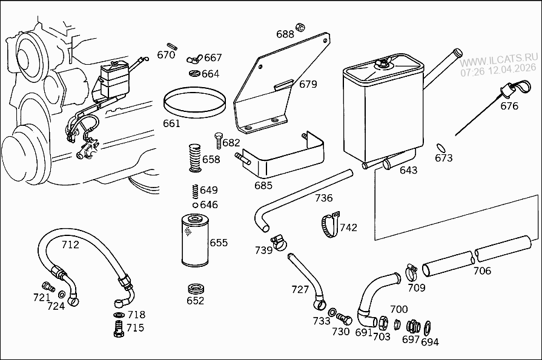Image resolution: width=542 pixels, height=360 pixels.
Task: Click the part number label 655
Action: pos(219,243)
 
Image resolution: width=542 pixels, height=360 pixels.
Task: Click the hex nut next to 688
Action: pos(300,27)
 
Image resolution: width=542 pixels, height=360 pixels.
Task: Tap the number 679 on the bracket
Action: pos(308,84)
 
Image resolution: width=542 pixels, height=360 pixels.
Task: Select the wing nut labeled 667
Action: pos(194,59)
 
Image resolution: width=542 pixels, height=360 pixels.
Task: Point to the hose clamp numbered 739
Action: pos(279,242)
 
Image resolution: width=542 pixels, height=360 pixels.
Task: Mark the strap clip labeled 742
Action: pos(328,225)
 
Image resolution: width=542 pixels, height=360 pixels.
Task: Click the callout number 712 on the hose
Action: pos(70,245)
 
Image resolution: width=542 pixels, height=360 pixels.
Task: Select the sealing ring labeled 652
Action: pos(196,287)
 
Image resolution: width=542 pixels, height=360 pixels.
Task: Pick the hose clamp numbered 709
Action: pos(411,270)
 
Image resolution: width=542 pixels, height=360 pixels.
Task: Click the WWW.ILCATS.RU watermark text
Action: pos(498,62)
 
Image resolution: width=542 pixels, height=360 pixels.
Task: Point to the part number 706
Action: pos(482,270)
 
